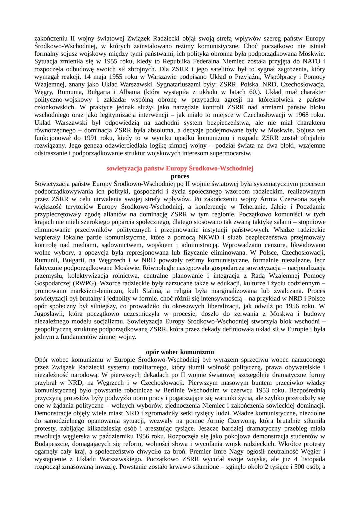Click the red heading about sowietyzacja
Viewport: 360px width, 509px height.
pyautogui.click(x=180, y=168)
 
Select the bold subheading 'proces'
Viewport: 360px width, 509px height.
pyautogui.click(x=180, y=176)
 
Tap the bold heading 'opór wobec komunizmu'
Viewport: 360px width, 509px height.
pyautogui.click(x=180, y=352)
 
